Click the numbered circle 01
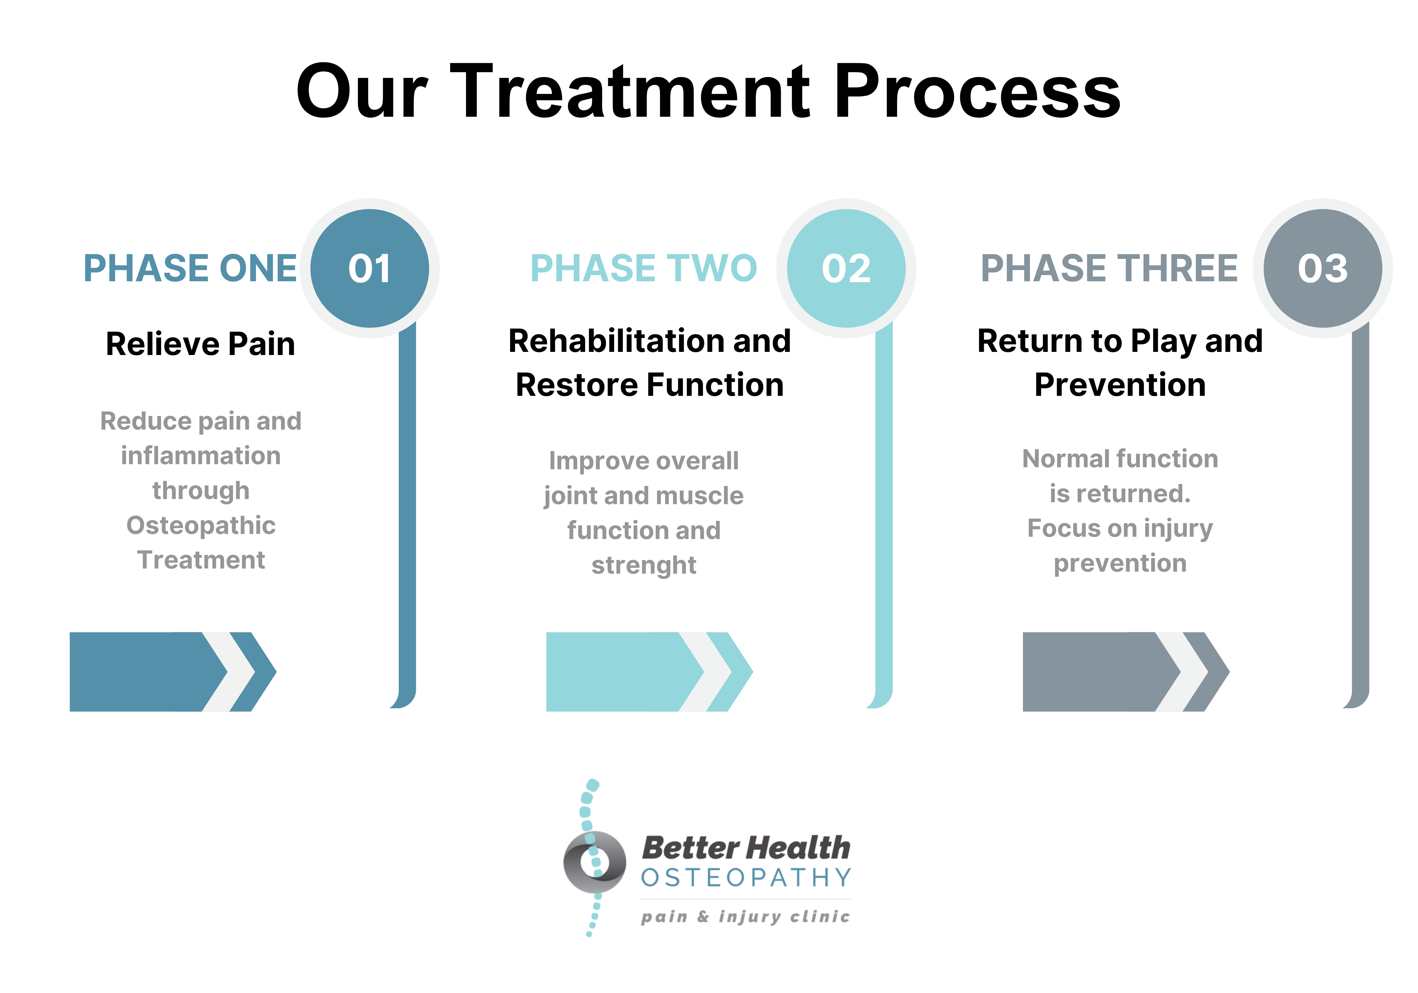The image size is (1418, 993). (369, 268)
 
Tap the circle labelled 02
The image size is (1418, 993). (846, 268)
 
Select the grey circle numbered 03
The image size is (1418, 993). (1323, 268)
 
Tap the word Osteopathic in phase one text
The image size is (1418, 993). (201, 525)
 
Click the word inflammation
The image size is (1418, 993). (201, 456)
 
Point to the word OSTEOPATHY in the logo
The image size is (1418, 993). (746, 878)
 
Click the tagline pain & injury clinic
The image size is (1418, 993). (745, 916)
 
